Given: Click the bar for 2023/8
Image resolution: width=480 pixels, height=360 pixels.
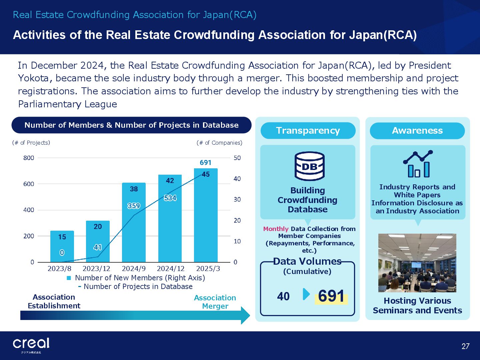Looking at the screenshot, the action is click(62, 246).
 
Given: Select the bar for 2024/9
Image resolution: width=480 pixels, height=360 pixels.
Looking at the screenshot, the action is click(134, 222).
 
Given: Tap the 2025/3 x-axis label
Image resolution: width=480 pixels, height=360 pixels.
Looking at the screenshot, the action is click(208, 268).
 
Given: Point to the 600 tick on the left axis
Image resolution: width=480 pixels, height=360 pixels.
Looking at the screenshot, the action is click(29, 184).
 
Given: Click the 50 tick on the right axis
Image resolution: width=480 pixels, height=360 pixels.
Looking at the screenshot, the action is click(237, 158).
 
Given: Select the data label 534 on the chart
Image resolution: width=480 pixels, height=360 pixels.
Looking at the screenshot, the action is click(170, 198).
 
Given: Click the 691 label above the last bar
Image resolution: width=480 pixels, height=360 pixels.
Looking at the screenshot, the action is click(206, 163).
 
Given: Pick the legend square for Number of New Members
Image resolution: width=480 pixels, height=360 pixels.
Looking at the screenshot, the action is click(69, 278).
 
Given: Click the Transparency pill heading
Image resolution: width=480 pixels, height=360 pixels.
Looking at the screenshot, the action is click(308, 130).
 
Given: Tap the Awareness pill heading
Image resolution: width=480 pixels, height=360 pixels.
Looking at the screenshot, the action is click(417, 130).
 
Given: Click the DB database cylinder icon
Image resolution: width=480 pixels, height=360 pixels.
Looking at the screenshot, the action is click(309, 166).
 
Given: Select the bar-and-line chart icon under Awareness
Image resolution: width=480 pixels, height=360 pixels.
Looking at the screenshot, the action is click(418, 163).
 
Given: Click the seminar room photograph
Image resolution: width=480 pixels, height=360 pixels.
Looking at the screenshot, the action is click(417, 263).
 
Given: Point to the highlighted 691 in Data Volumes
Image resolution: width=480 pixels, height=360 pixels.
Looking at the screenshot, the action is click(331, 296).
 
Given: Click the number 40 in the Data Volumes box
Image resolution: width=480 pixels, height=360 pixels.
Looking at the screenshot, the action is click(283, 297).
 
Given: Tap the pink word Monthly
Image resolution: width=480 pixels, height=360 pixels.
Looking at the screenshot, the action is click(276, 229).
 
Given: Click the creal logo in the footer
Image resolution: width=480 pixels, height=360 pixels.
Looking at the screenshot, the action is click(31, 344).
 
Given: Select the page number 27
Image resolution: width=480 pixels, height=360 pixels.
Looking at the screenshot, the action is click(465, 346).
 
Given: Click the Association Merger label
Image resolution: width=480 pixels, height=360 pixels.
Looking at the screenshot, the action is click(215, 302).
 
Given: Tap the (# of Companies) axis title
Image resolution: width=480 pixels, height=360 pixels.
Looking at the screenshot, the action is click(219, 143).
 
